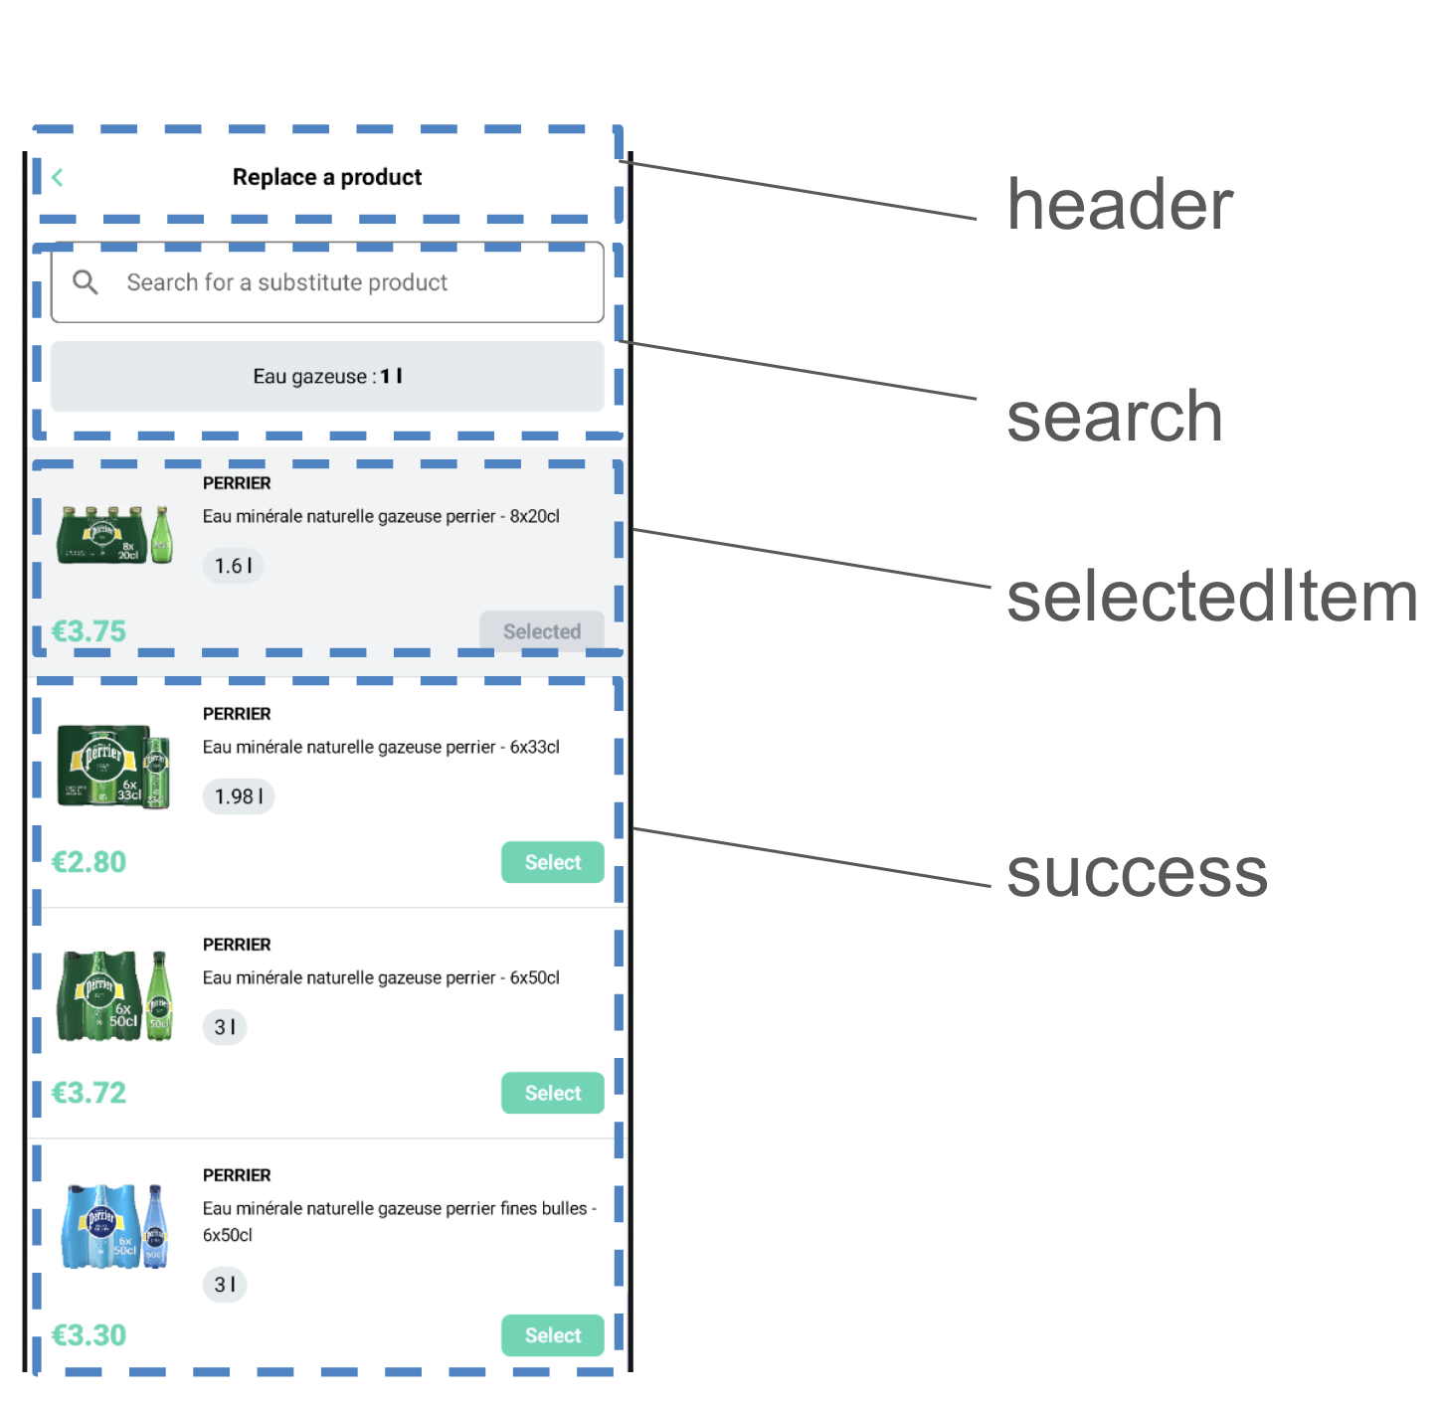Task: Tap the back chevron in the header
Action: pyautogui.click(x=58, y=178)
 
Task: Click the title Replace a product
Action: pyautogui.click(x=326, y=177)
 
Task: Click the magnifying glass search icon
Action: pyautogui.click(x=86, y=282)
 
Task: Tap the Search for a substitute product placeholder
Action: pyautogui.click(x=286, y=282)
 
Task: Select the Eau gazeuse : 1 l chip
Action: pyautogui.click(x=327, y=376)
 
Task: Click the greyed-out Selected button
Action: pyautogui.click(x=541, y=631)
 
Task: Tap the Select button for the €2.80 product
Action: pyautogui.click(x=552, y=862)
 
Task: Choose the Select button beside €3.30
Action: pyautogui.click(x=552, y=1335)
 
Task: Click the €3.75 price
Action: pyautogui.click(x=89, y=631)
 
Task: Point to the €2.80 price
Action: pyautogui.click(x=89, y=862)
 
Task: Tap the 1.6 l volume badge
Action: pyautogui.click(x=233, y=566)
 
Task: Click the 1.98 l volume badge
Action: pyautogui.click(x=239, y=796)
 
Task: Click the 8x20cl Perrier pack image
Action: pyautogui.click(x=114, y=535)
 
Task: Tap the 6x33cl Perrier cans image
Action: pyautogui.click(x=114, y=766)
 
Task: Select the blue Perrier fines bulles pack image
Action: pyautogui.click(x=114, y=1226)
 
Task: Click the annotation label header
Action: pyautogui.click(x=1120, y=205)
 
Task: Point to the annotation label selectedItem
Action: pyautogui.click(x=1211, y=598)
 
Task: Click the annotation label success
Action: pyautogui.click(x=1137, y=873)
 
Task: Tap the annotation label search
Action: pyautogui.click(x=1114, y=417)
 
